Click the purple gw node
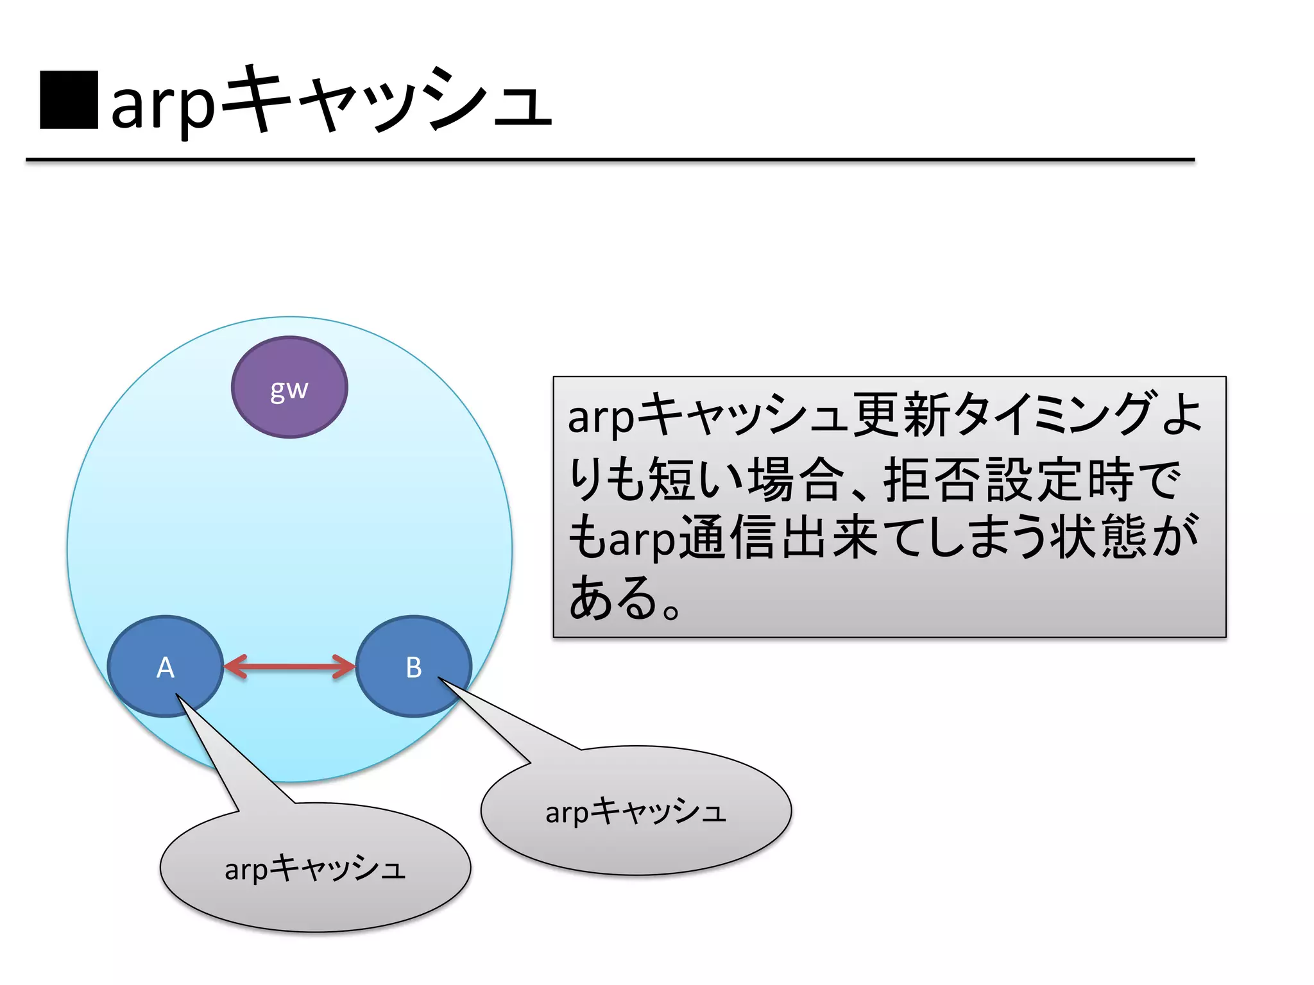pyautogui.click(x=289, y=387)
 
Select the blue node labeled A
pyautogui.click(x=166, y=667)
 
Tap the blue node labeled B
pyautogui.click(x=414, y=667)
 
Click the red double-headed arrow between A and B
pyautogui.click(x=289, y=667)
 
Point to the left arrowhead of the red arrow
pyautogui.click(x=234, y=667)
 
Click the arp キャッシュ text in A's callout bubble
pyautogui.click(x=315, y=868)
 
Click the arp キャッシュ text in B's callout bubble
pyautogui.click(x=636, y=811)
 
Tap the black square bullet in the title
pyautogui.click(x=69, y=100)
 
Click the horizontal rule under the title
pyautogui.click(x=610, y=160)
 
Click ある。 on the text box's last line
pyautogui.click(x=626, y=598)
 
